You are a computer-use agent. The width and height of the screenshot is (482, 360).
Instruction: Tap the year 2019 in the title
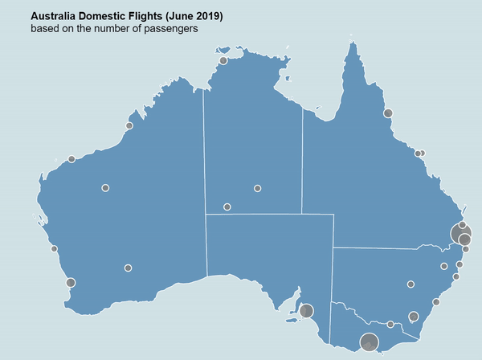click(208, 16)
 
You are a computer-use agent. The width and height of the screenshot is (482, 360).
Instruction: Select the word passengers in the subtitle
click(168, 29)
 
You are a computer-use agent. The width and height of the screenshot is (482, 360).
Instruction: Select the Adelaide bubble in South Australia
click(306, 310)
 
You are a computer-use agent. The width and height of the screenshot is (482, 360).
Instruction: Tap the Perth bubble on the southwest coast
click(71, 282)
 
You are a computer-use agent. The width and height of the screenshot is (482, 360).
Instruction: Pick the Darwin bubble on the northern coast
click(223, 61)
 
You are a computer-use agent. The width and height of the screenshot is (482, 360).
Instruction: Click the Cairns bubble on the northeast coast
click(388, 113)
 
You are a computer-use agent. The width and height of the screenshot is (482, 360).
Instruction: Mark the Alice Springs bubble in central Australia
click(227, 207)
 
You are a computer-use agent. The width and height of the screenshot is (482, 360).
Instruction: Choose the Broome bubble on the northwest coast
click(129, 126)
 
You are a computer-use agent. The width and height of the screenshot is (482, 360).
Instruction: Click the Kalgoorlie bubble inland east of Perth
click(128, 268)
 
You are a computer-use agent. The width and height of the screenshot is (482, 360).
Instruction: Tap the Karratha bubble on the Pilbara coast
click(71, 159)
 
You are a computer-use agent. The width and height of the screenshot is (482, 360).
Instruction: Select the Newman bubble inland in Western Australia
click(105, 187)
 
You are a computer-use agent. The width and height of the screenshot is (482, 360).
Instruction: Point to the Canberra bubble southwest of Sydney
click(414, 316)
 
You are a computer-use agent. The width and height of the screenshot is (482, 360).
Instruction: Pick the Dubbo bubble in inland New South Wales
click(411, 284)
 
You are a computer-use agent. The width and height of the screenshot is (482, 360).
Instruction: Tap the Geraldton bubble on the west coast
click(54, 249)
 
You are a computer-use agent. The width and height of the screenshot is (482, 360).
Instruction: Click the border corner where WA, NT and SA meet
click(206, 215)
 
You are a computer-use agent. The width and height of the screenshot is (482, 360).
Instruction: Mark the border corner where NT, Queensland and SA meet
click(303, 214)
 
